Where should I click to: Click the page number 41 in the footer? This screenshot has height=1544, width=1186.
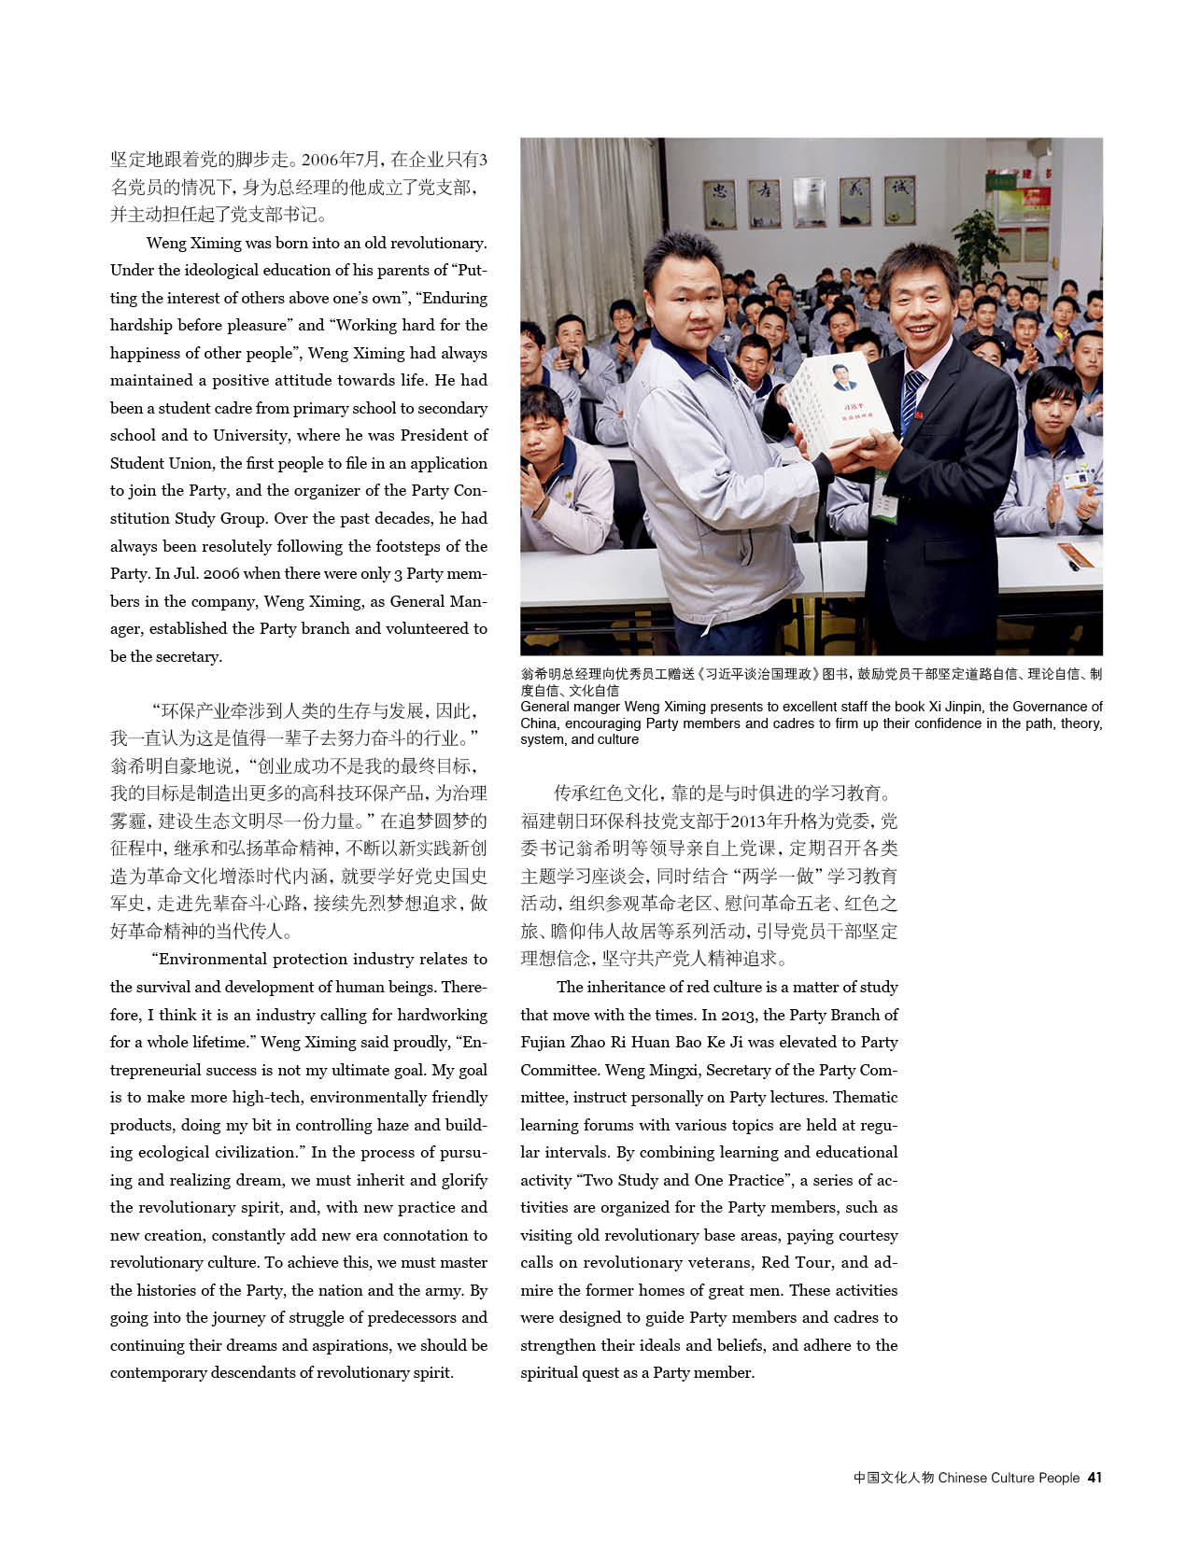1094,1478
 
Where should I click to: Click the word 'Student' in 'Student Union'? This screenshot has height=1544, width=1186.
136,463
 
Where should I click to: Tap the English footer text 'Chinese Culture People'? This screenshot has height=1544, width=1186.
1009,1478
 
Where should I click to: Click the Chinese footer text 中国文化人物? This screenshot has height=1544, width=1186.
893,1478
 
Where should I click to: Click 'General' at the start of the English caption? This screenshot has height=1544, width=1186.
544,707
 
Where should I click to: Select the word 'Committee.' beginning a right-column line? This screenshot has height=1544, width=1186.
559,1070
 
